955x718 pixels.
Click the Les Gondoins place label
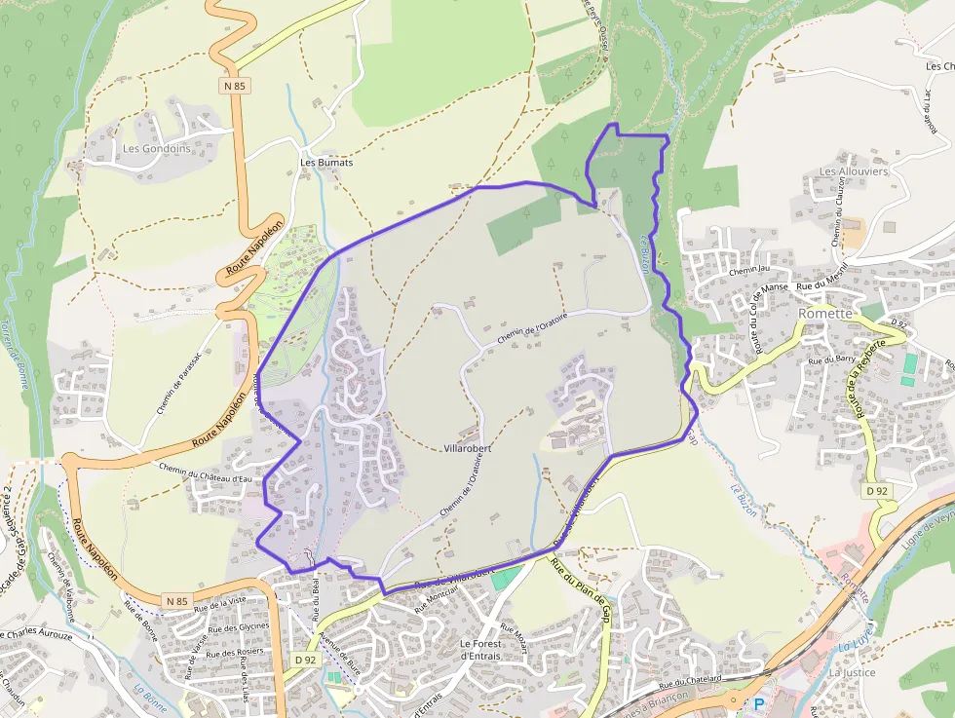click(156, 149)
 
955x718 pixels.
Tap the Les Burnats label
click(326, 163)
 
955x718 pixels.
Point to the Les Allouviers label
click(854, 171)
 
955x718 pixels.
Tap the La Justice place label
click(853, 672)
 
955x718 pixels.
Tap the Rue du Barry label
click(831, 359)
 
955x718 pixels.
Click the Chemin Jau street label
click(748, 270)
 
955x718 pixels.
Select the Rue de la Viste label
click(219, 601)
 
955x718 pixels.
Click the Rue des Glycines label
click(240, 627)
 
